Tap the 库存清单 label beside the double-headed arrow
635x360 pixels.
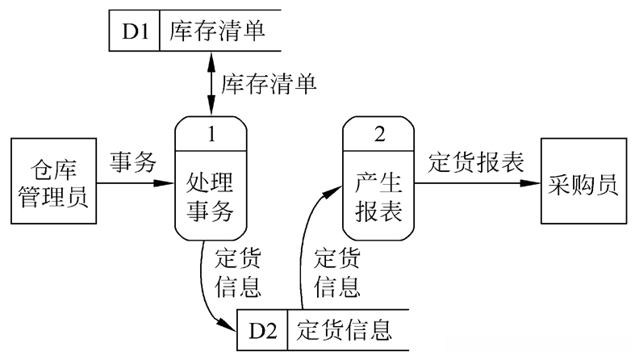pos(269,82)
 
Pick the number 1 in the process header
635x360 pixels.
pos(211,134)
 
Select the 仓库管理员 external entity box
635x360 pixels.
pos(51,182)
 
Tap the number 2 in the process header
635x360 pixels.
pos(379,134)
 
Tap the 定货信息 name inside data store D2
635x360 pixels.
pos(345,330)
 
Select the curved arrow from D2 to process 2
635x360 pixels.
pos(305,242)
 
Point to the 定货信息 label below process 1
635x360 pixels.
pos(238,273)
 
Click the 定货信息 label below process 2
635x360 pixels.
pos(337,273)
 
